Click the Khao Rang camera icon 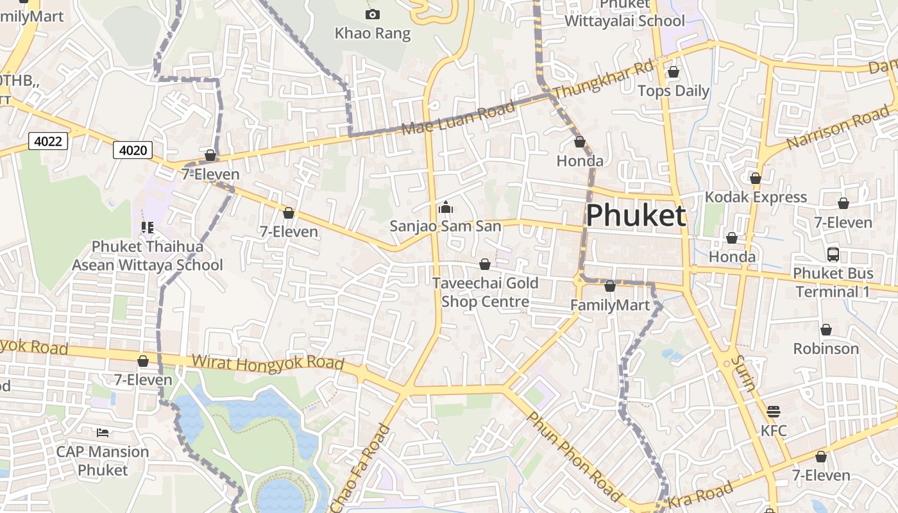coord(372,14)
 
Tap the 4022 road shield coord(48,140)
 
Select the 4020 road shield coord(133,150)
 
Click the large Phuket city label coord(636,215)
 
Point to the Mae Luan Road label coord(458,117)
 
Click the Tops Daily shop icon coord(673,72)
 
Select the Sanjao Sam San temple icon coord(445,207)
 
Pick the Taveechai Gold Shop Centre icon coord(485,264)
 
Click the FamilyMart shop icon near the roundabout coord(610,286)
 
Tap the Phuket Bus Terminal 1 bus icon coord(833,254)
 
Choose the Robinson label coord(826,349)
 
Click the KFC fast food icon coord(774,411)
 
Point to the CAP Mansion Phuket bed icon coord(103,433)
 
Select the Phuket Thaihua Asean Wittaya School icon coord(148,228)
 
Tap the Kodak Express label coord(756,197)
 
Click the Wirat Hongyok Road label coord(268,363)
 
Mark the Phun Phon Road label coord(573,457)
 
